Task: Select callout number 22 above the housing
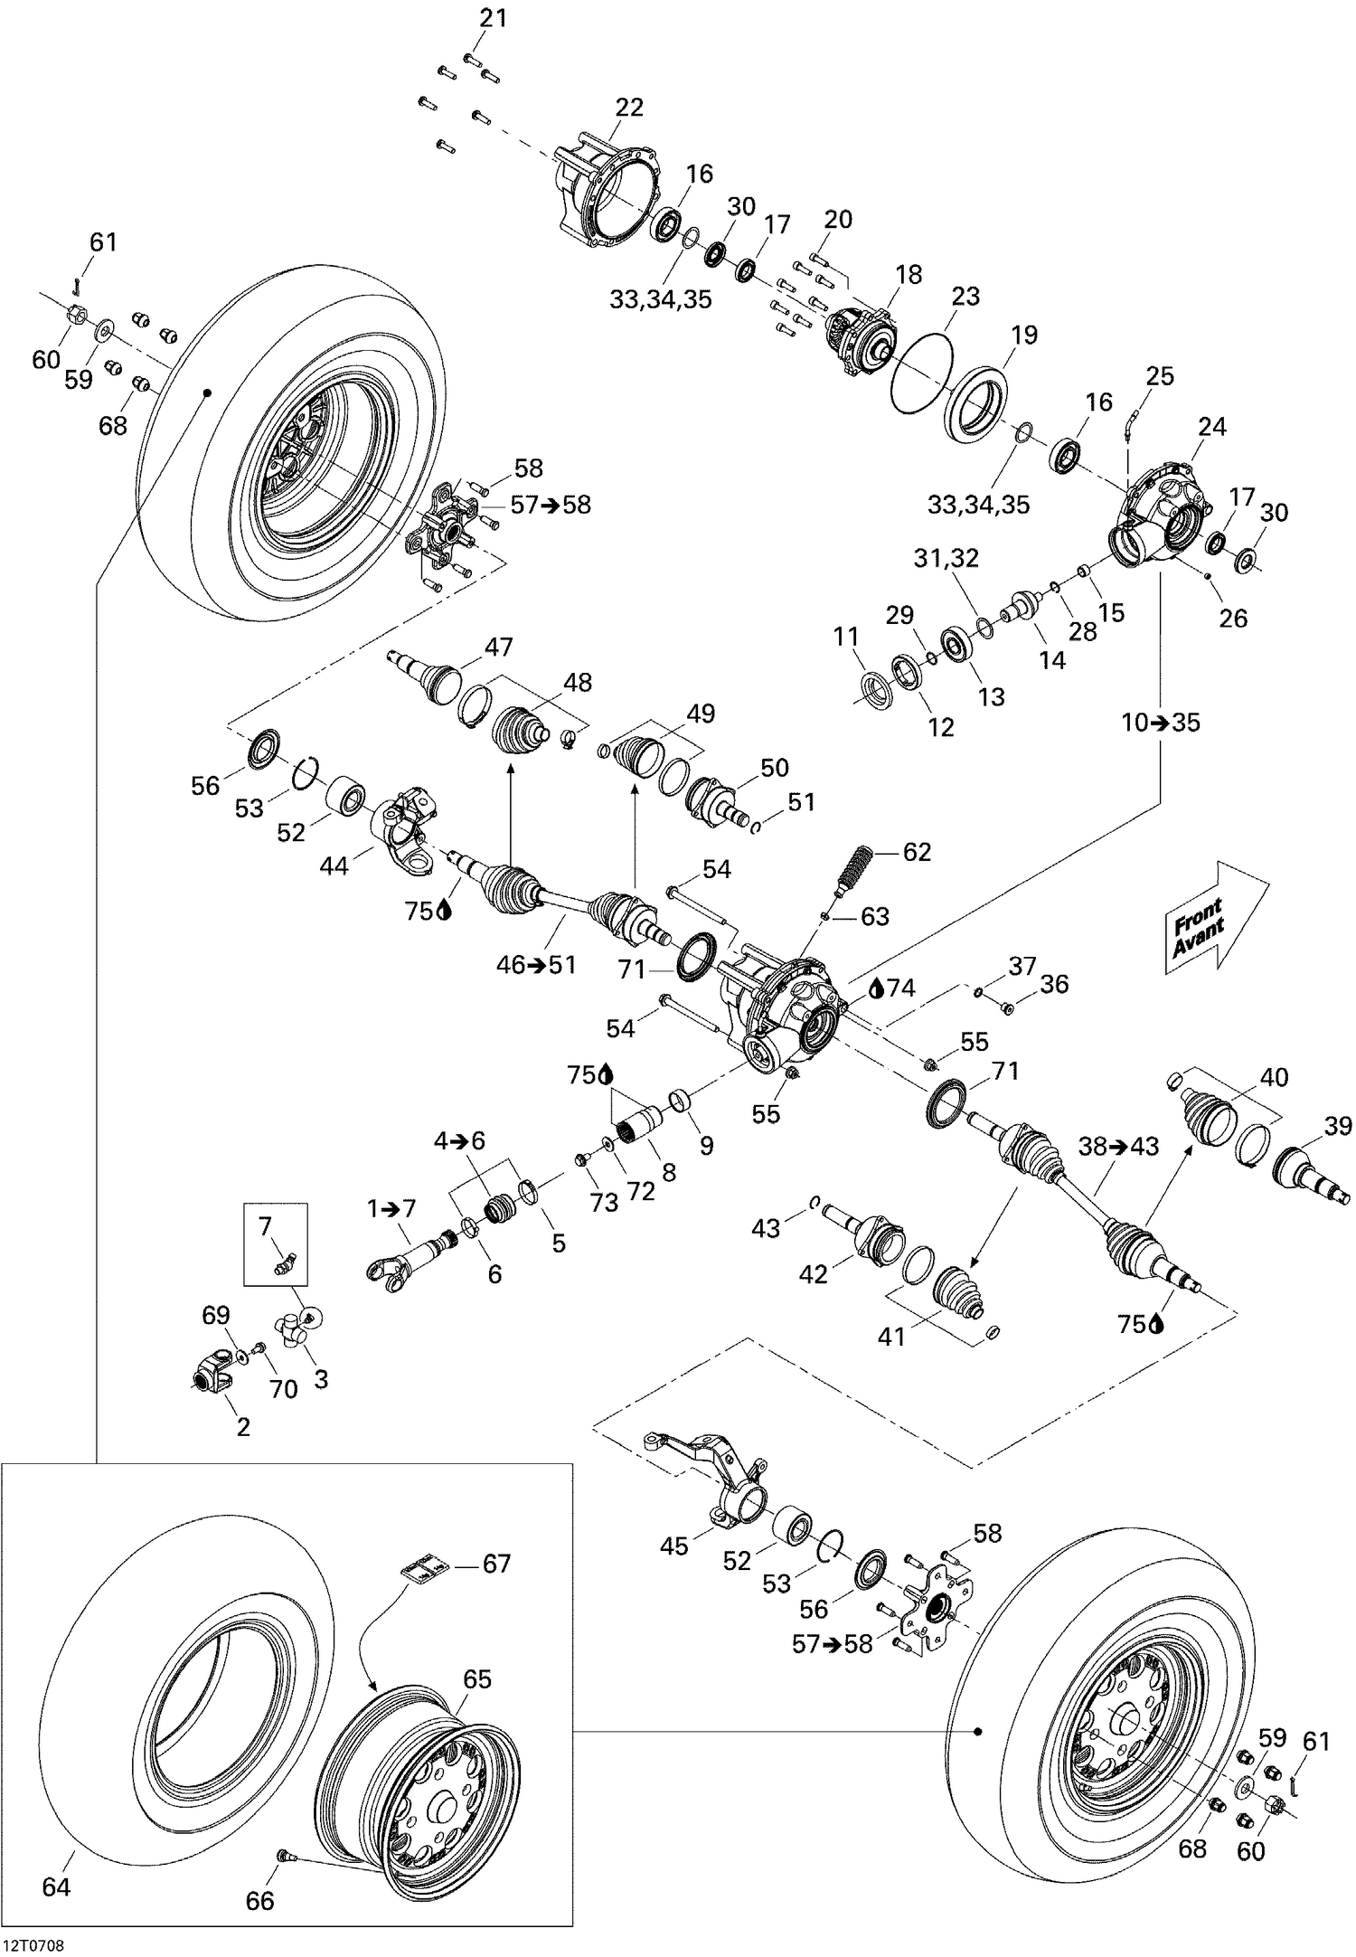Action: pos(629,108)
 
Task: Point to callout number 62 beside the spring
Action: pos(917,852)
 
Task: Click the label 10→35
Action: pos(1161,723)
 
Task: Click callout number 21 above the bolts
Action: pos(494,18)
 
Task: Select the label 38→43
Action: pos(1118,1147)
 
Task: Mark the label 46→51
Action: pos(536,965)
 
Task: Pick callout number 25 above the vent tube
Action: pos(1160,375)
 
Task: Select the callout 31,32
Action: pos(946,558)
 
